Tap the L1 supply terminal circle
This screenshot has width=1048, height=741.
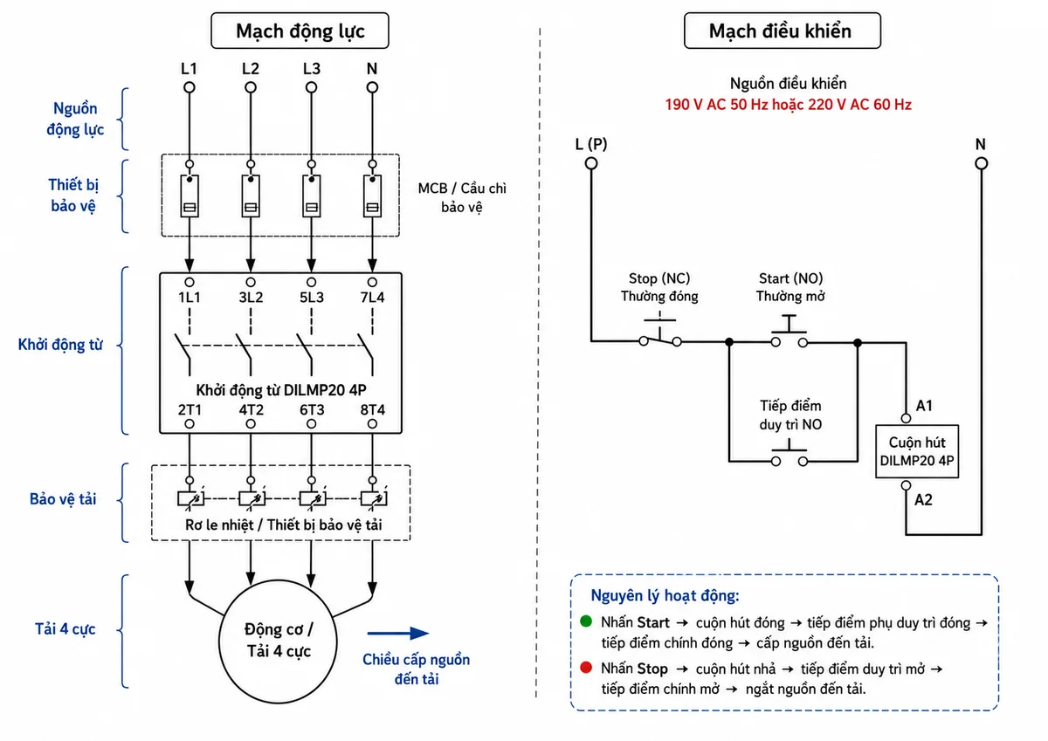coord(190,87)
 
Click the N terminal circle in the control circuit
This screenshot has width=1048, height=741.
coord(981,163)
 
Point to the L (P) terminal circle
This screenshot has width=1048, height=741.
coord(591,163)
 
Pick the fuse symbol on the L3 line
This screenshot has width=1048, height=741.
coord(312,196)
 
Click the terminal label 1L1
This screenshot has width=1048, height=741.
coord(190,298)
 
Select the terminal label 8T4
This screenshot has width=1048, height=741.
coord(372,410)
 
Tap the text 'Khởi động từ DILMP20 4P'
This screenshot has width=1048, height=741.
coord(280,390)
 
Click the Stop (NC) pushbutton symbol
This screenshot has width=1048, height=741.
coord(660,333)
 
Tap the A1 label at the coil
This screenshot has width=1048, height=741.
coord(924,405)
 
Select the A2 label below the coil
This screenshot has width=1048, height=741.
coord(923,500)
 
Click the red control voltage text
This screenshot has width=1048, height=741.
coord(789,105)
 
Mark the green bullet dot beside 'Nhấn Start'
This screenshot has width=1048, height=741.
coord(586,621)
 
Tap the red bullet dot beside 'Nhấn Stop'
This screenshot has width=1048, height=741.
coord(586,667)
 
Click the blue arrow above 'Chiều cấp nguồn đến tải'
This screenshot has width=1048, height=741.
coord(397,634)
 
